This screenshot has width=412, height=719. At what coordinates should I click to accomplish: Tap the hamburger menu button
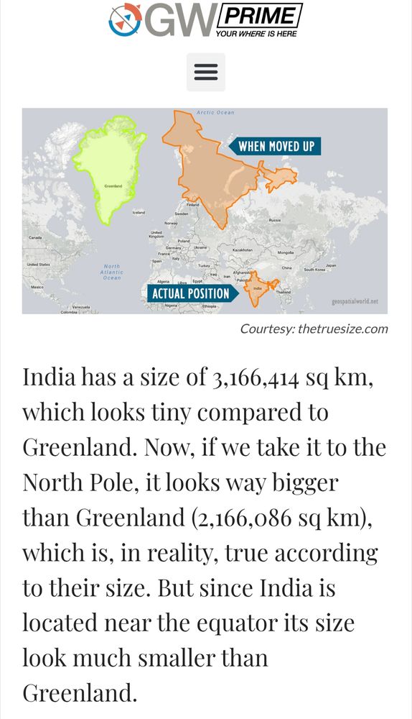click(206, 72)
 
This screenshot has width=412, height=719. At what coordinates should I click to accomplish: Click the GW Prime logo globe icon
click(125, 19)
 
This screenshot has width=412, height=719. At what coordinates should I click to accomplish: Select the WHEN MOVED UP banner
click(276, 147)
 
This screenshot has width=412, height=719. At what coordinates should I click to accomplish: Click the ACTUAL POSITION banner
click(190, 293)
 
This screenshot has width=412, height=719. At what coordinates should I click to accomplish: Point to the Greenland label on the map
click(113, 186)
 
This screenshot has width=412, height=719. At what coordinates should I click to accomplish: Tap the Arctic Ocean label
click(215, 113)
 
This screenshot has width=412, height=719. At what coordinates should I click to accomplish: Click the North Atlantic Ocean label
click(112, 272)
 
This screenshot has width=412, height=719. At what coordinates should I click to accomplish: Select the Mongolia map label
click(286, 253)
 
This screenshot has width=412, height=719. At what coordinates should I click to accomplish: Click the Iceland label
click(139, 213)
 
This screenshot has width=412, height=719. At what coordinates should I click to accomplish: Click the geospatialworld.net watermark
click(355, 302)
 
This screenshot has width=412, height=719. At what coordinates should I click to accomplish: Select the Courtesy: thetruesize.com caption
click(314, 329)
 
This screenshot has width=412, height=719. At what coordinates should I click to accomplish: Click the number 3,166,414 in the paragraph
click(265, 378)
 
